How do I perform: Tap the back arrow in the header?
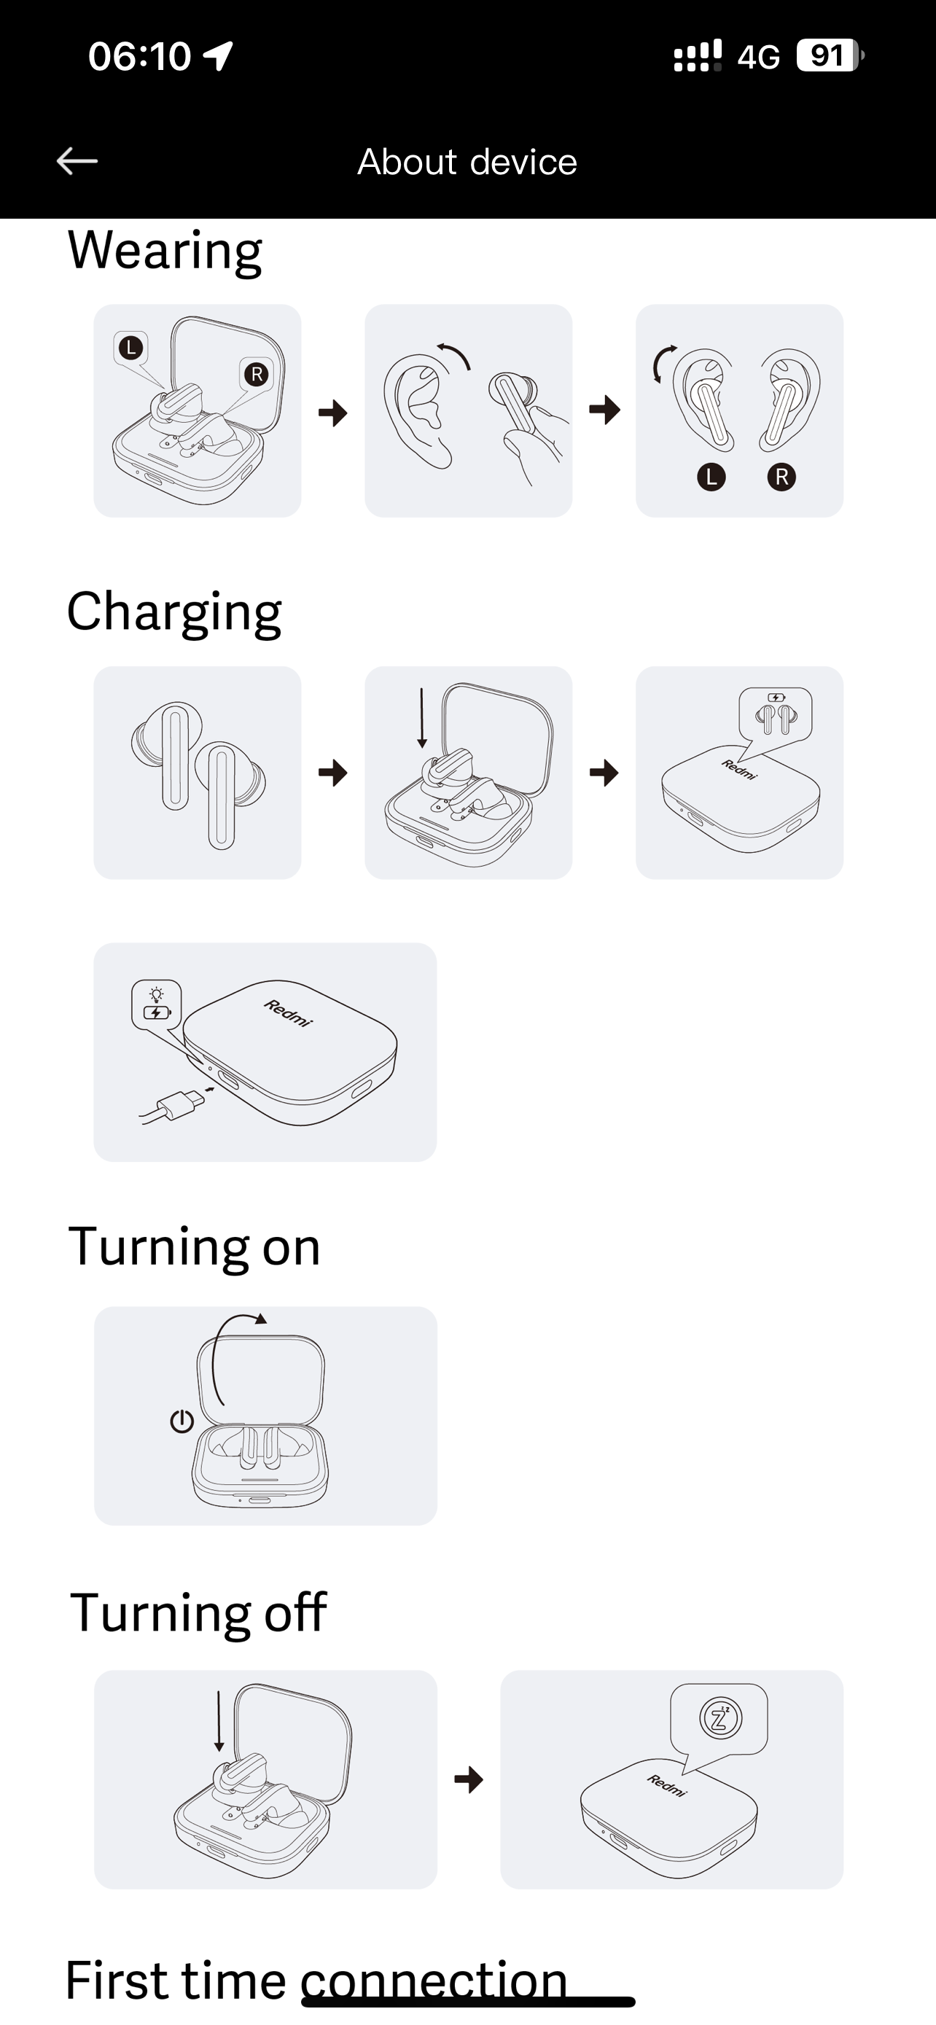(x=77, y=161)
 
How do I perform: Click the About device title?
(x=467, y=162)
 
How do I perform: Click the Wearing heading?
(x=165, y=251)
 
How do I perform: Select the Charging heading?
(x=173, y=612)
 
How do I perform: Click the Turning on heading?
(x=195, y=1246)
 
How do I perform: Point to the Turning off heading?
(x=198, y=1613)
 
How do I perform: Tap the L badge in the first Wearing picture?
(x=131, y=348)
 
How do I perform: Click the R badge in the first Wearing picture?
(x=256, y=374)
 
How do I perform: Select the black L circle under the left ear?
(x=711, y=477)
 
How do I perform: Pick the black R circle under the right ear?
(x=781, y=477)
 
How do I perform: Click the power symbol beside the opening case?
(x=182, y=1421)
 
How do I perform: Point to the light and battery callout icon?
(x=157, y=1004)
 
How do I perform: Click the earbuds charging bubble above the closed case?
(x=776, y=713)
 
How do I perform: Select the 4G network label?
(x=758, y=57)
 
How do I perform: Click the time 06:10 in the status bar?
(x=140, y=57)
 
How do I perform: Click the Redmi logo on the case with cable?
(x=289, y=1012)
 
